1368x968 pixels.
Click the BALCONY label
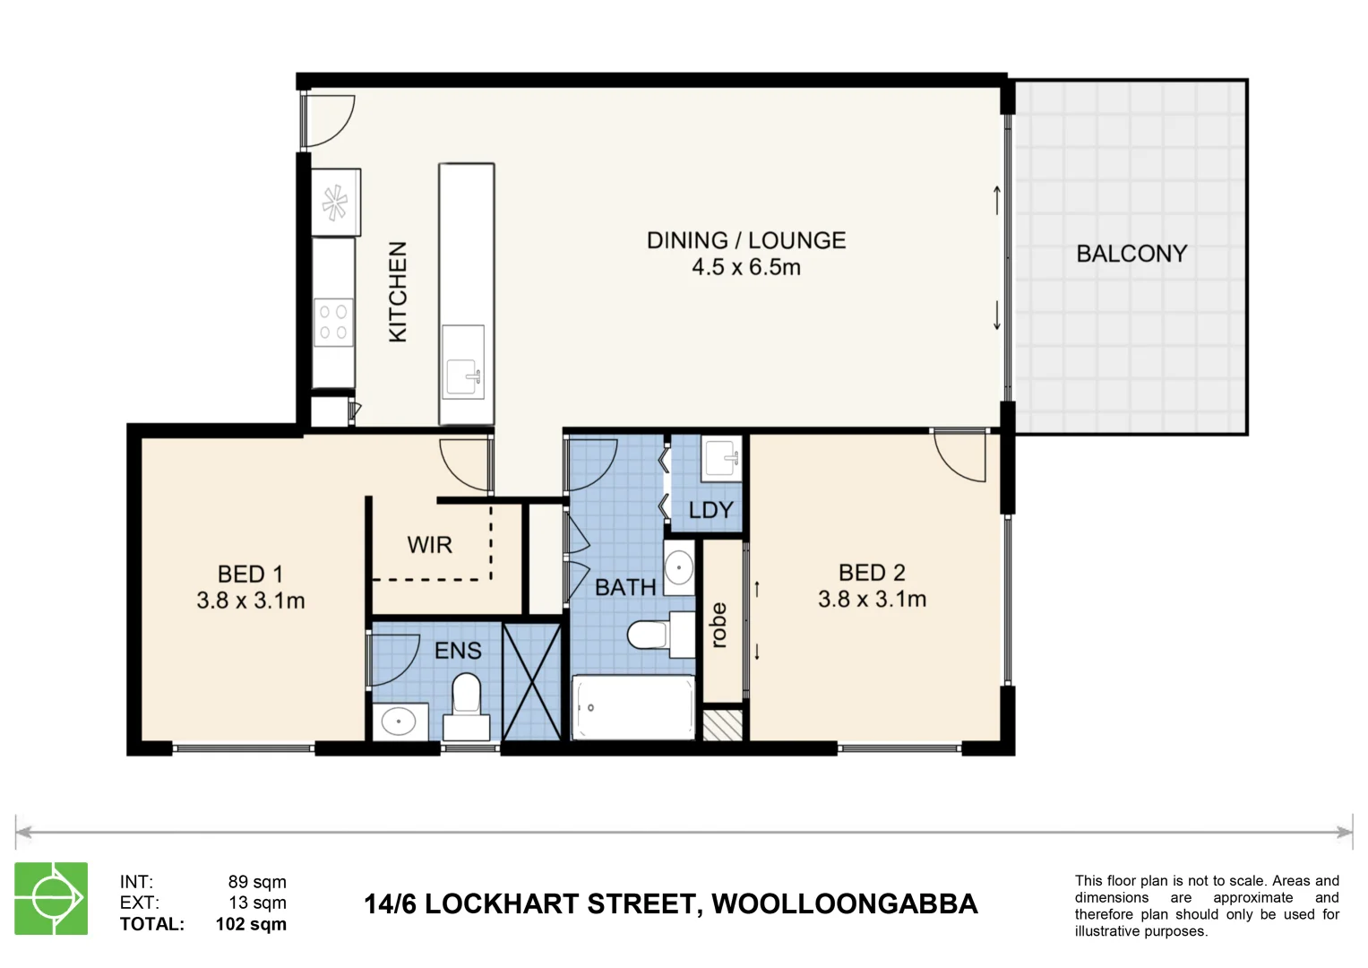tap(1131, 254)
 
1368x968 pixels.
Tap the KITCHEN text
tap(398, 291)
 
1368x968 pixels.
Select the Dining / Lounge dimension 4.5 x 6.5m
tap(745, 267)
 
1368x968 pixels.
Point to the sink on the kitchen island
tap(463, 376)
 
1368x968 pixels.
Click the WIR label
tap(429, 545)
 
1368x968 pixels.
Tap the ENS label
tap(458, 651)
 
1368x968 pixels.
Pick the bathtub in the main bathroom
tap(632, 707)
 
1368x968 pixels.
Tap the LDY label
tap(710, 510)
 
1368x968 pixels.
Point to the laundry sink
tap(721, 460)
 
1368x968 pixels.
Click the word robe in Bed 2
tap(718, 625)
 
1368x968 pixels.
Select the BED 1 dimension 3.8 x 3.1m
tap(251, 601)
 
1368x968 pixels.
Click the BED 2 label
tap(872, 573)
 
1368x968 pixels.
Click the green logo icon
tap(51, 898)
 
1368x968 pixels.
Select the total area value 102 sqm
tap(251, 924)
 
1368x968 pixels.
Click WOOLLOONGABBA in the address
tap(844, 903)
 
